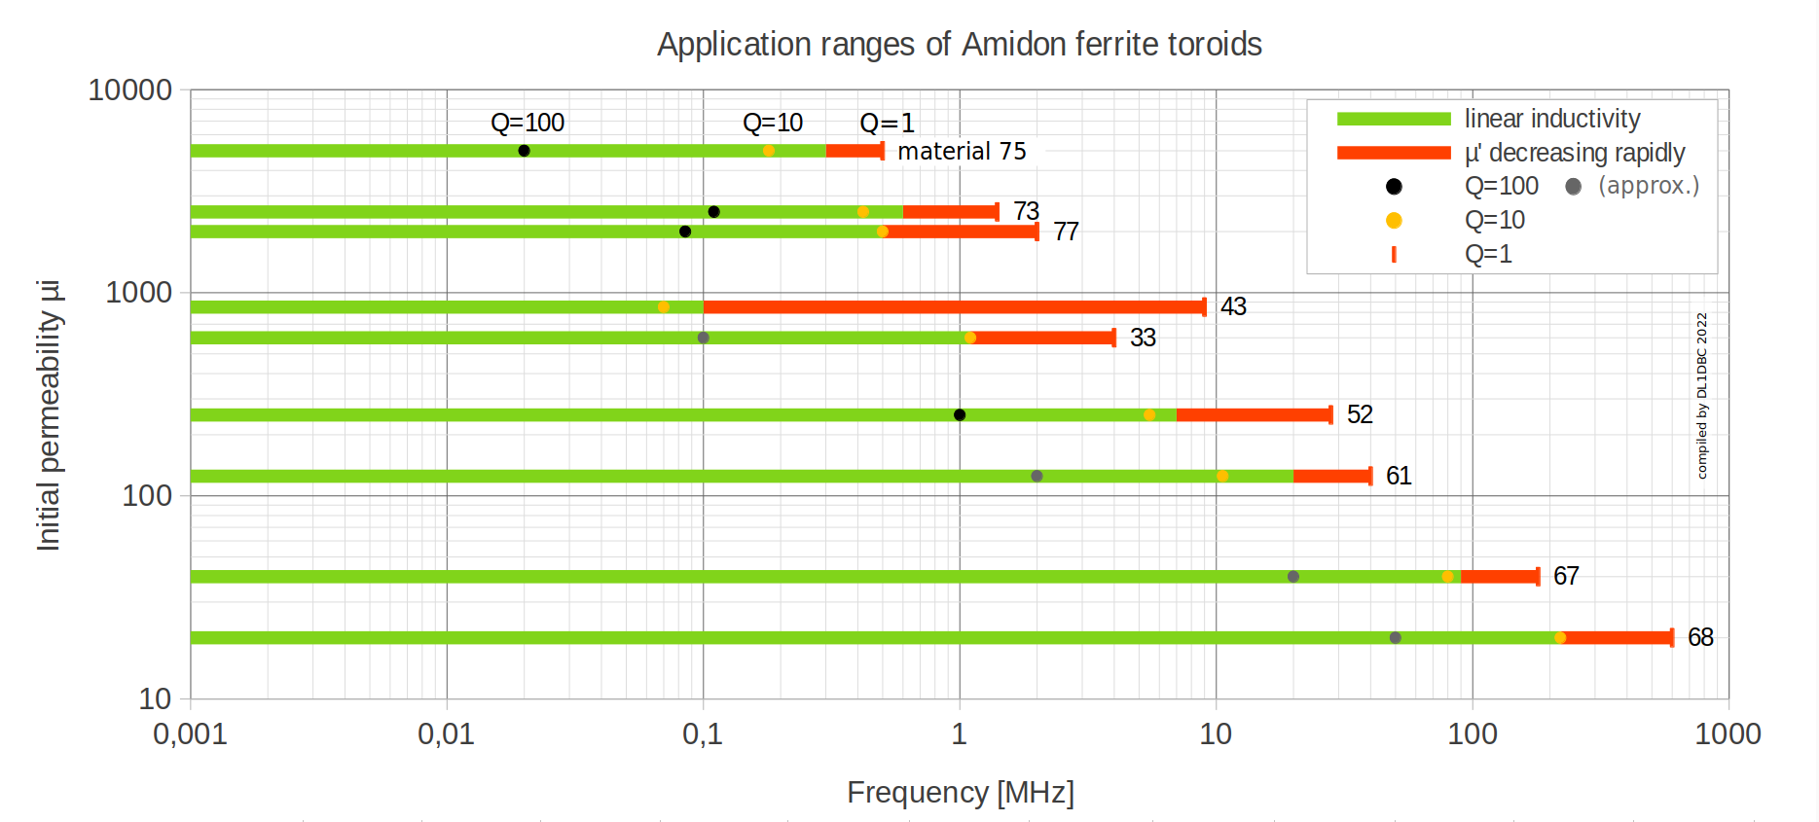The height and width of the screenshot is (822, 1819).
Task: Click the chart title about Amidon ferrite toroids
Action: (959, 44)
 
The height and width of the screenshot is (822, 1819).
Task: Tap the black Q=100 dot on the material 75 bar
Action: (524, 151)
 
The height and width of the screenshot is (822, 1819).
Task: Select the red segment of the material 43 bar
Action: (954, 307)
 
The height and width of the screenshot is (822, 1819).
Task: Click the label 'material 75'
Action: (962, 152)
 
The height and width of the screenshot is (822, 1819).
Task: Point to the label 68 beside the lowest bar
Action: (1700, 637)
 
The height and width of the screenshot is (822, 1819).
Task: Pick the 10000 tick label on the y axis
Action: (129, 90)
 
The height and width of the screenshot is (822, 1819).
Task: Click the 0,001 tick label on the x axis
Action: (190, 734)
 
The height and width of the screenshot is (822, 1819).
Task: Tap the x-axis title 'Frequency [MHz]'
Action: (960, 793)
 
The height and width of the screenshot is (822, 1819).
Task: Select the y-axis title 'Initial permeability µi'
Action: (49, 415)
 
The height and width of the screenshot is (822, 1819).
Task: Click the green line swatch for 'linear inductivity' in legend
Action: (1394, 119)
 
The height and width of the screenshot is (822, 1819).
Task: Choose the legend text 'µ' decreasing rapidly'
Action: (1574, 153)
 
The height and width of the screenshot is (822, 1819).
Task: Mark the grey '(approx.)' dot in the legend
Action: (1573, 187)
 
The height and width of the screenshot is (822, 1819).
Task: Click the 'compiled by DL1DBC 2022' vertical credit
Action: (1702, 395)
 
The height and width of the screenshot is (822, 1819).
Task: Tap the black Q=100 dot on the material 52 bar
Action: (960, 415)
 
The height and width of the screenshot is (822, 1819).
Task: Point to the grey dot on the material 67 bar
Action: (1293, 577)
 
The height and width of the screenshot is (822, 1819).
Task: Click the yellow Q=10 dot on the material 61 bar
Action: (1222, 476)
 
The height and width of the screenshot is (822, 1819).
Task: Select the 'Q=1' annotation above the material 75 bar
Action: (887, 124)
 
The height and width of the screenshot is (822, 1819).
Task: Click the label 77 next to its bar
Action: (1066, 232)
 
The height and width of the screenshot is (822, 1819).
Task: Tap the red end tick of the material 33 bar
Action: (1114, 339)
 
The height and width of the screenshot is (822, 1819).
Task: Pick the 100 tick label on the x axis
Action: (1472, 734)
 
